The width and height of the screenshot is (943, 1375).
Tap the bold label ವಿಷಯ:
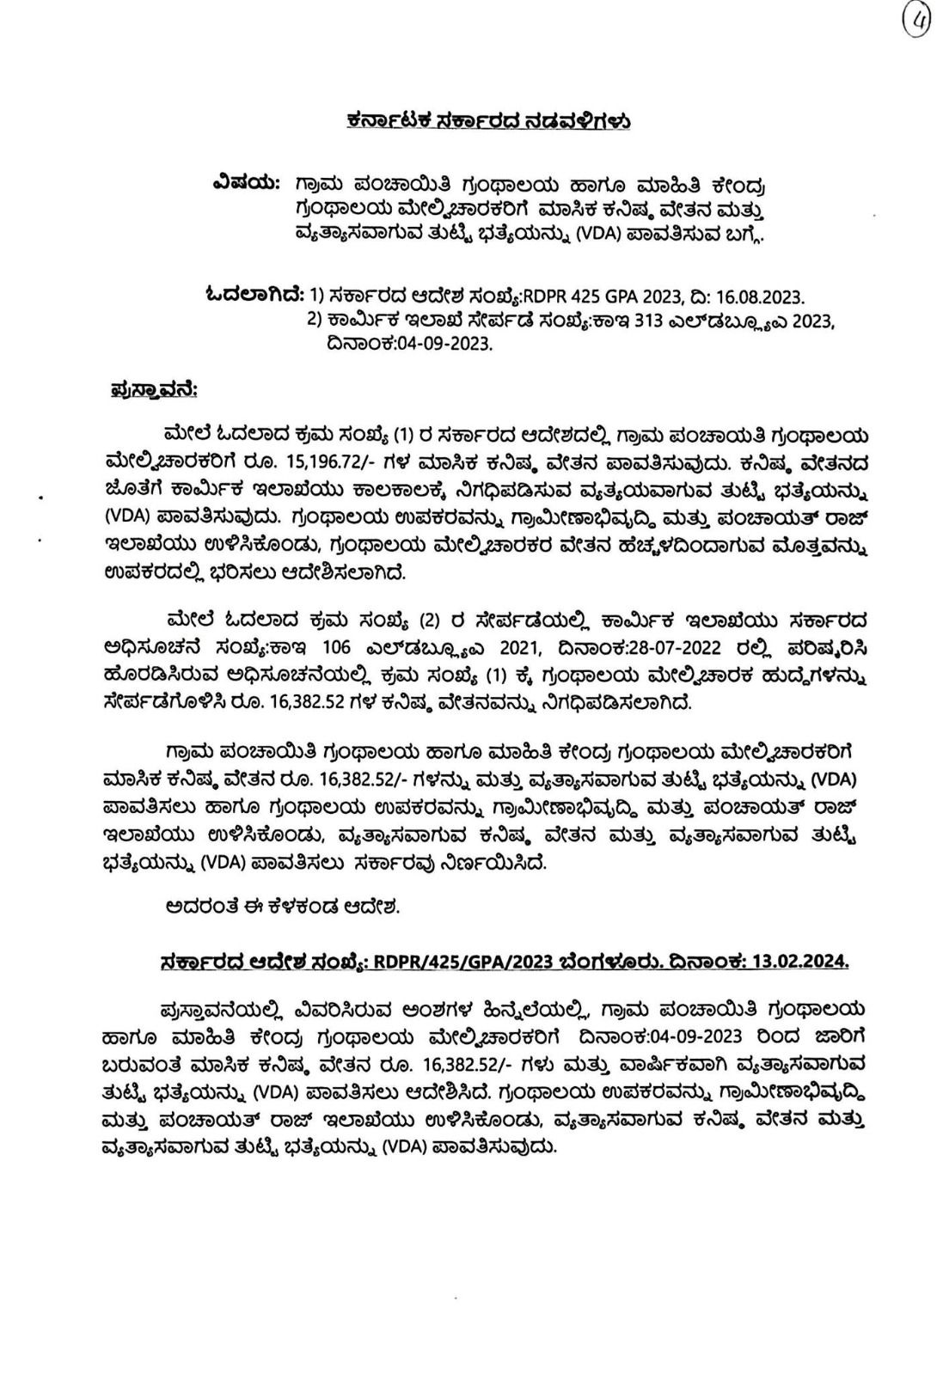pyautogui.click(x=245, y=184)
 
